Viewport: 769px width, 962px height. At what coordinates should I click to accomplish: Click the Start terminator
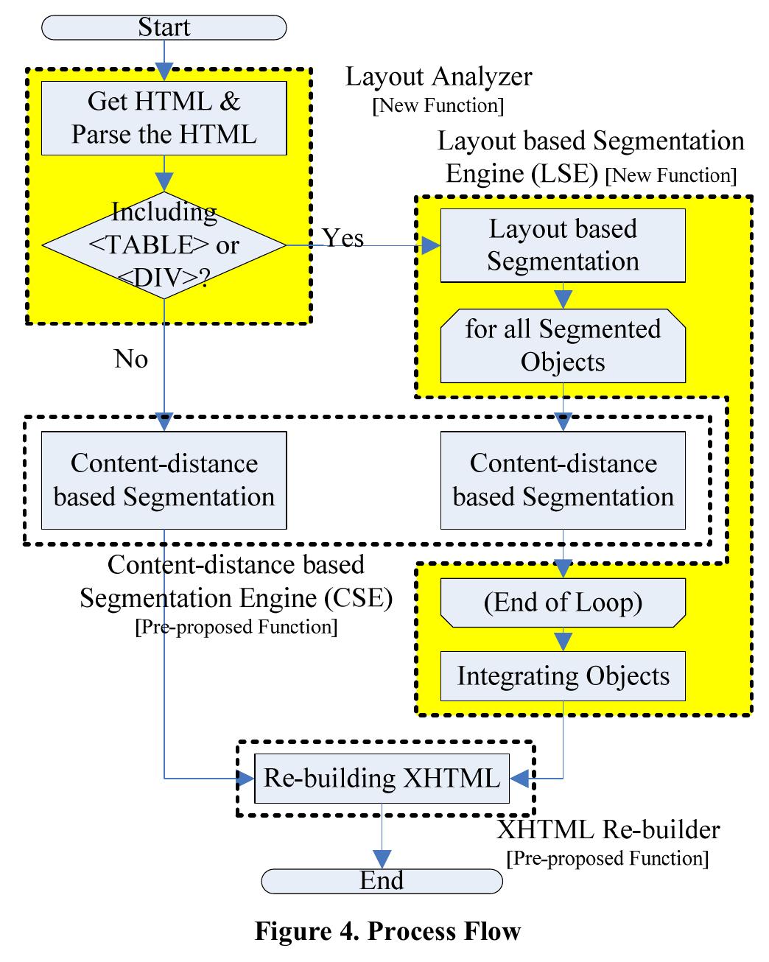[164, 28]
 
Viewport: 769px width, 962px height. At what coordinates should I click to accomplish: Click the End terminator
[382, 880]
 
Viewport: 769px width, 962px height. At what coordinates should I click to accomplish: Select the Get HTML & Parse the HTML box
[164, 118]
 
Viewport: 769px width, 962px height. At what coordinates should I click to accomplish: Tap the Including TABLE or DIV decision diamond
[164, 245]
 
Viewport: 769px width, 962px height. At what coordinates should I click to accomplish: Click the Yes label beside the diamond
[343, 238]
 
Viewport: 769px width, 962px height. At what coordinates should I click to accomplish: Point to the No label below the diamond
[131, 359]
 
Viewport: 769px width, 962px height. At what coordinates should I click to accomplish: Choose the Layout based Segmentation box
[563, 245]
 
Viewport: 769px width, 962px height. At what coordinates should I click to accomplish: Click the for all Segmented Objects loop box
[563, 345]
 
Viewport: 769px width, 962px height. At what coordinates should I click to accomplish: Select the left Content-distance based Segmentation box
[164, 480]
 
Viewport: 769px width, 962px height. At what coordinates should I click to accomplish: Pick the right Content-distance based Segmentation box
[563, 480]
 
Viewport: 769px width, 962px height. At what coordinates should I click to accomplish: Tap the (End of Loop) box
[563, 603]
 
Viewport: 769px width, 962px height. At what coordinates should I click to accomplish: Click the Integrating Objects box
[563, 676]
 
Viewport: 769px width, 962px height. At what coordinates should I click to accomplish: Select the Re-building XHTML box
[382, 778]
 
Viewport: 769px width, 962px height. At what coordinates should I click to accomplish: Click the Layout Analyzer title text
[439, 77]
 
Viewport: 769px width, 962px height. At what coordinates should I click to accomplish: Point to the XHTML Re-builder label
[608, 830]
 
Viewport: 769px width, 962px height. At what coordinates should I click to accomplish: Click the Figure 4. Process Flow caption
[387, 931]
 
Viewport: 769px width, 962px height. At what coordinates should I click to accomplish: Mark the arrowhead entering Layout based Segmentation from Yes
[430, 245]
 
